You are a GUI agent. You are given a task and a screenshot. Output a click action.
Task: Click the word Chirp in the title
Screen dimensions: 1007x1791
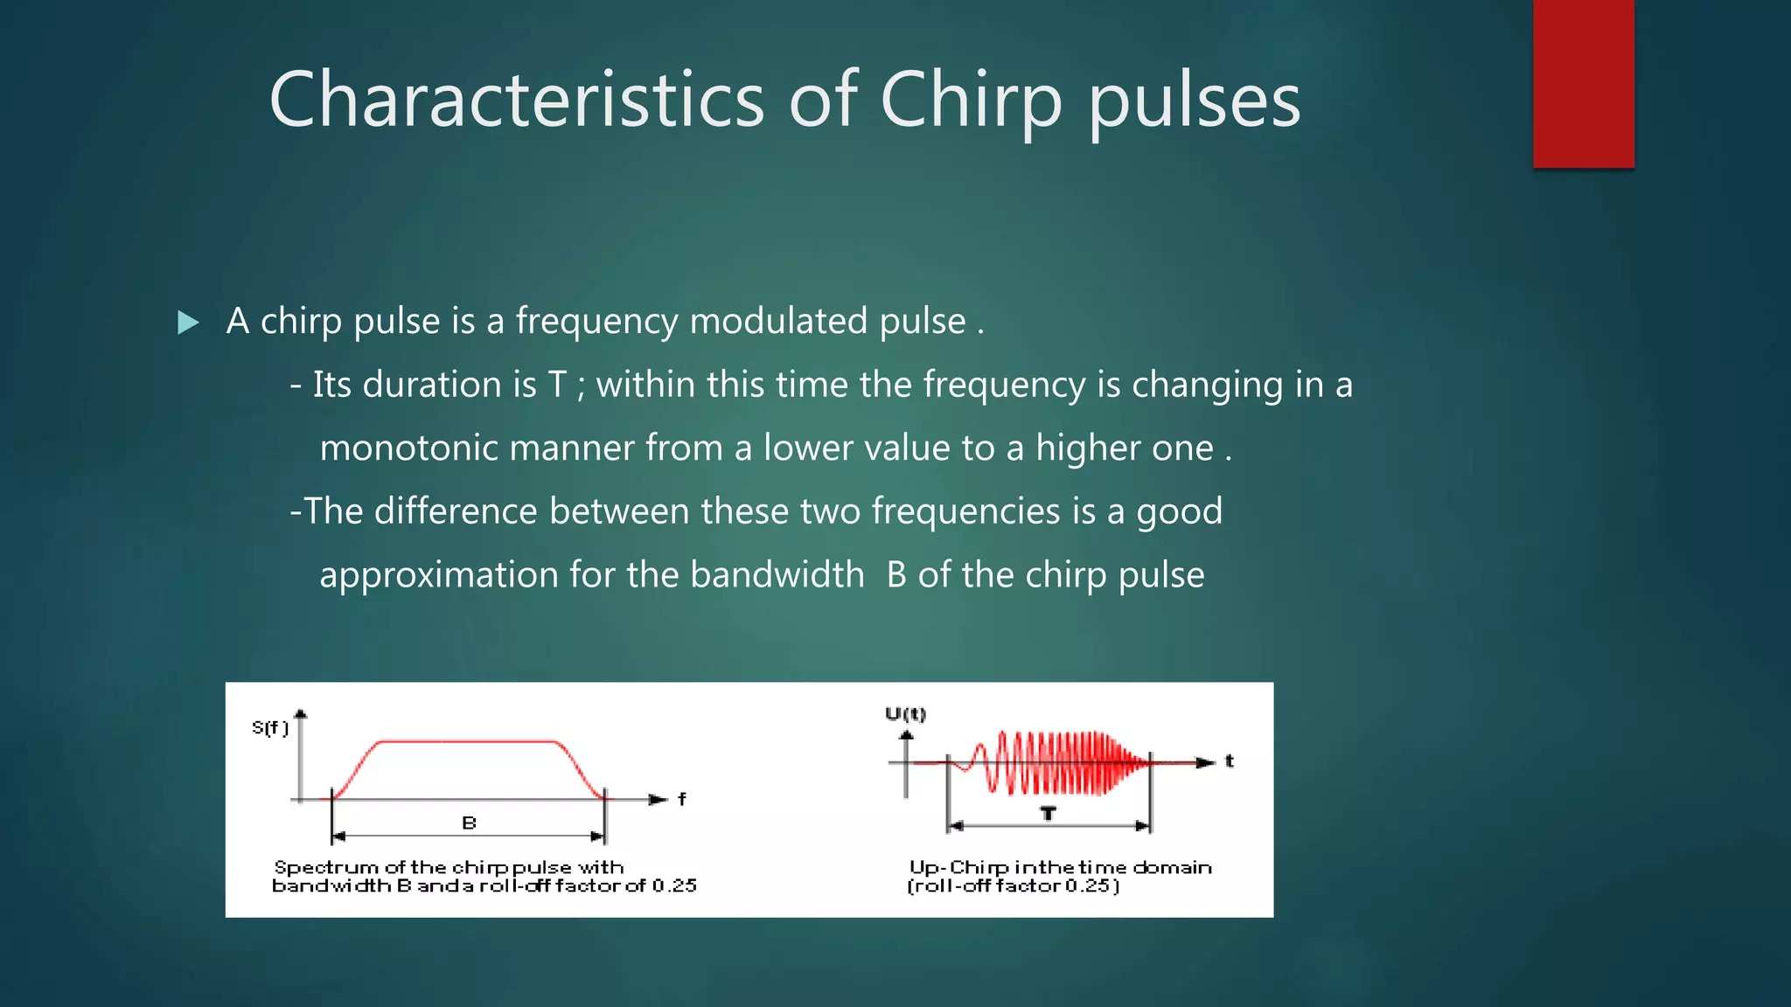(971, 101)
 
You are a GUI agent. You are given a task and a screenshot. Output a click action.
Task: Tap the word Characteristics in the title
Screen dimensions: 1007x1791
(517, 101)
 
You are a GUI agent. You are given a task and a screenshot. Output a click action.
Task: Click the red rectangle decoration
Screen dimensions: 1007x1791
(1583, 83)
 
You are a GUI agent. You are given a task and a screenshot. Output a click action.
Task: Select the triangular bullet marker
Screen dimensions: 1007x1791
(188, 323)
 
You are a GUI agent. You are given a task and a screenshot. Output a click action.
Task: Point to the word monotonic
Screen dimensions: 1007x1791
(408, 448)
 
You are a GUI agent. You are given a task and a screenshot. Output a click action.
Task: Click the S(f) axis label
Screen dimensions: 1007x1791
(270, 727)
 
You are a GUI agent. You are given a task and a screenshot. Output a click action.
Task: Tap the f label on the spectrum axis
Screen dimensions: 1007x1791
(682, 799)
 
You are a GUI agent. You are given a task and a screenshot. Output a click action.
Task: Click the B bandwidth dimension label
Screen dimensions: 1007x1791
(469, 823)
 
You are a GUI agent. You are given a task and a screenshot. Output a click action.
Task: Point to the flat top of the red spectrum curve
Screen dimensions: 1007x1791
(469, 742)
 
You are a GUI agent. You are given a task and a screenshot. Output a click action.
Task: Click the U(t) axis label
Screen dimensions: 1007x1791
(905, 714)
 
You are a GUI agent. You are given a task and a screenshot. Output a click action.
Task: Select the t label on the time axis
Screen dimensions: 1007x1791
(1229, 761)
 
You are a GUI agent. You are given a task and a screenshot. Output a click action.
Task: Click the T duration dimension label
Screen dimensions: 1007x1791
(1048, 814)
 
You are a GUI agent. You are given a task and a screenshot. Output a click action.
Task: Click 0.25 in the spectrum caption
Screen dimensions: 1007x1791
(673, 885)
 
